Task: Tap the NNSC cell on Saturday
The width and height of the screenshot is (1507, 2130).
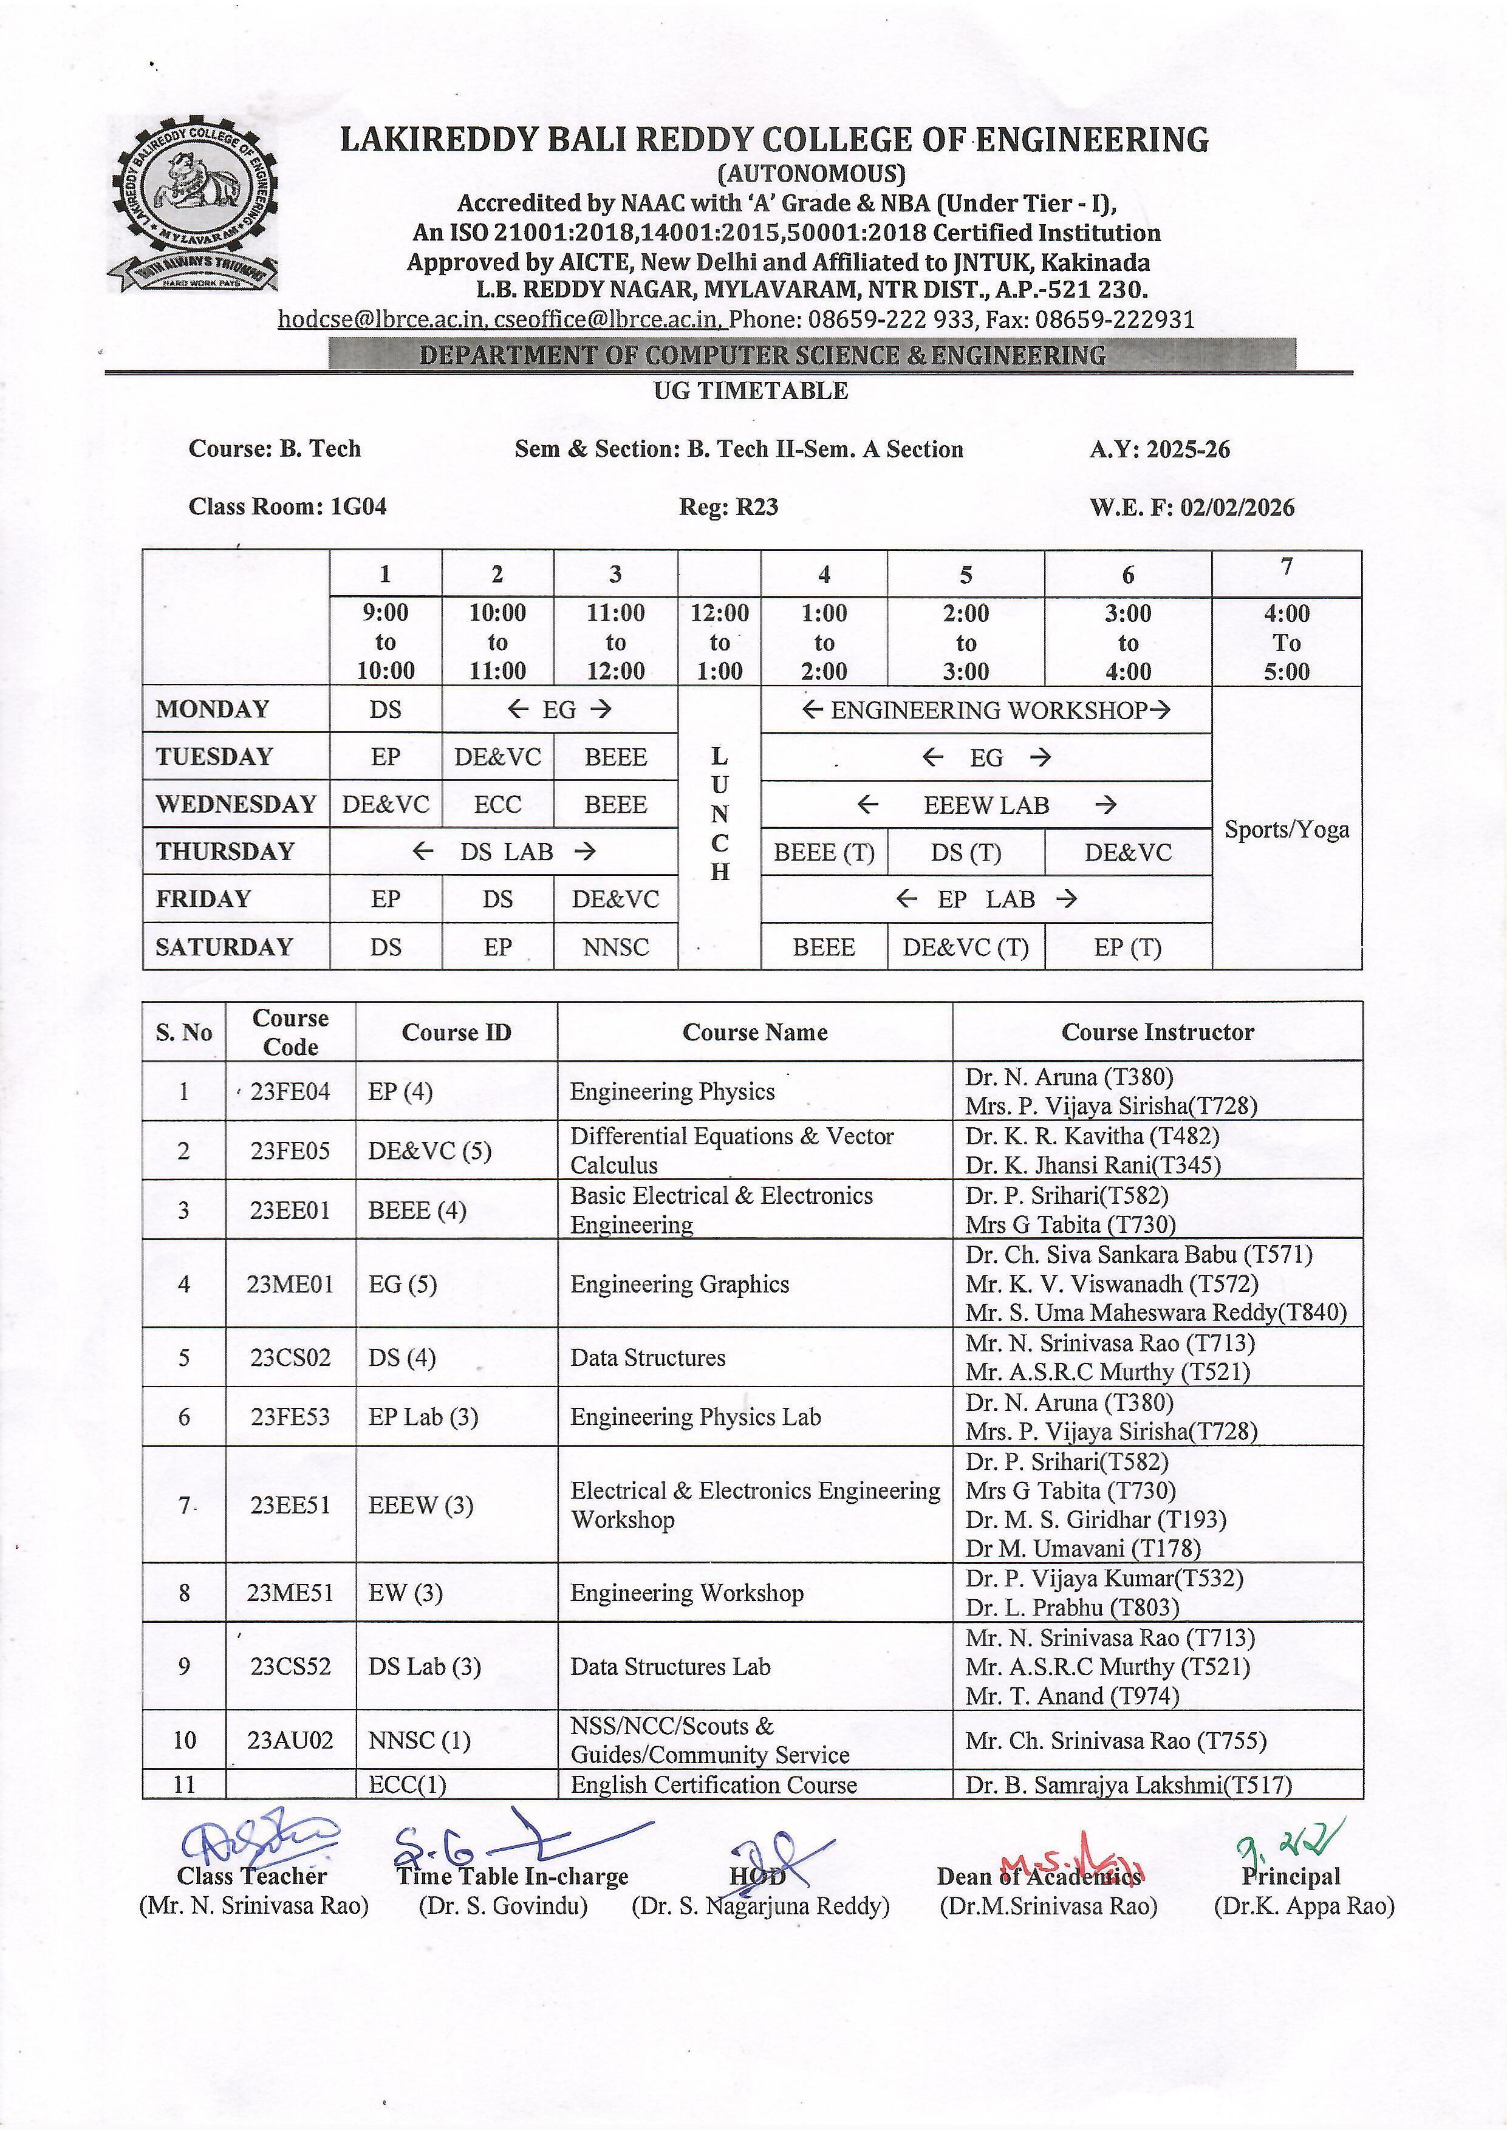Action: click(615, 947)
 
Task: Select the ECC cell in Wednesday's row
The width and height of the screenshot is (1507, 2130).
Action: click(497, 804)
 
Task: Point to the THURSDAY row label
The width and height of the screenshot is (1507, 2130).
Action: click(225, 852)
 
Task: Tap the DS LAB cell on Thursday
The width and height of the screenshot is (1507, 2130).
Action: click(506, 852)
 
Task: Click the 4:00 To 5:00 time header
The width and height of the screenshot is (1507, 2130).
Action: click(1286, 642)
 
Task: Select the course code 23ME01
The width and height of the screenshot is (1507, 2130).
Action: click(290, 1284)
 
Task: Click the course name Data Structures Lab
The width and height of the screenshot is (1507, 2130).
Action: click(670, 1667)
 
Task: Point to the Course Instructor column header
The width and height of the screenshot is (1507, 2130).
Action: click(1157, 1032)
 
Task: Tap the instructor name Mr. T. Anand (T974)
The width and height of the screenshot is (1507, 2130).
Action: click(1072, 1696)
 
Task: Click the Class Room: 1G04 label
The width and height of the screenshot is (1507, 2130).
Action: click(288, 507)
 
